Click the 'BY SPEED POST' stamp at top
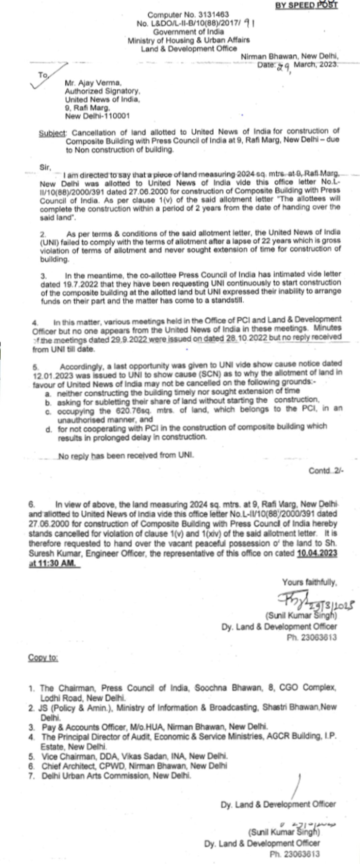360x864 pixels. (x=306, y=5)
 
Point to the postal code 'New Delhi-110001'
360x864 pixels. (x=97, y=116)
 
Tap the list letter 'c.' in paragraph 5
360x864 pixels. (x=49, y=411)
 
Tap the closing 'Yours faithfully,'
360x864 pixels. (x=309, y=582)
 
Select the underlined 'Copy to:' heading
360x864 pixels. (x=43, y=658)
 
